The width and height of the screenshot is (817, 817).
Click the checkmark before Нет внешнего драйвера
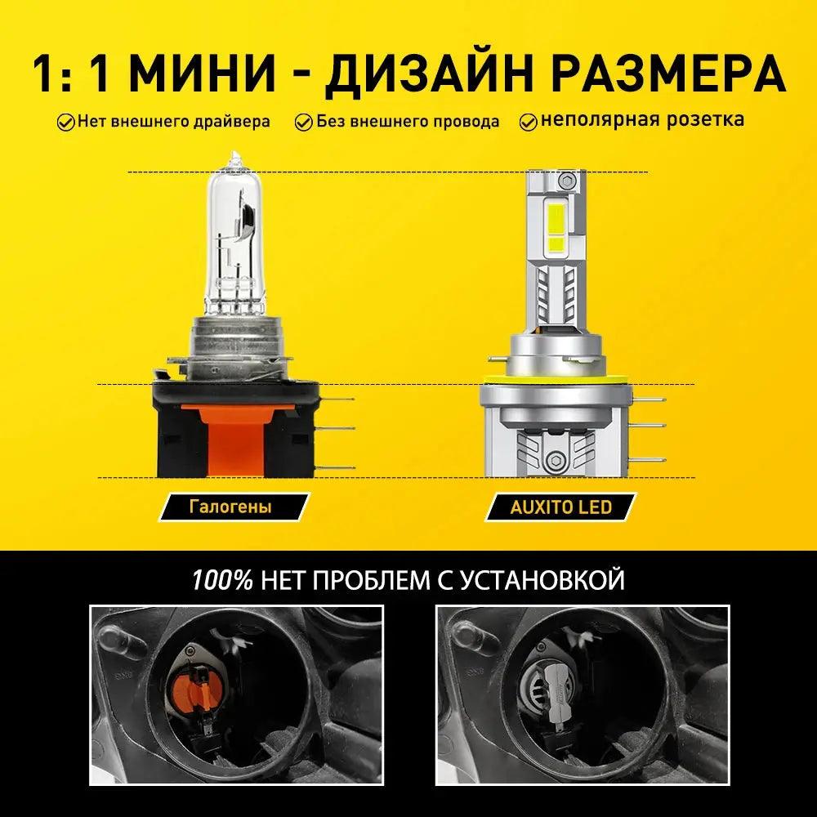[65, 123]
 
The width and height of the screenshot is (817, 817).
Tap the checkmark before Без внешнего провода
[303, 123]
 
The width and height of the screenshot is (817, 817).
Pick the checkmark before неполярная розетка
[529, 122]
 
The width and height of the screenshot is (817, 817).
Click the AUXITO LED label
[560, 507]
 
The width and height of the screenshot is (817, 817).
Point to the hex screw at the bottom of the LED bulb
[555, 459]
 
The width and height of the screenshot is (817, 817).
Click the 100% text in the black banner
[222, 579]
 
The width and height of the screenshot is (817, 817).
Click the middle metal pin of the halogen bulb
[336, 428]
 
